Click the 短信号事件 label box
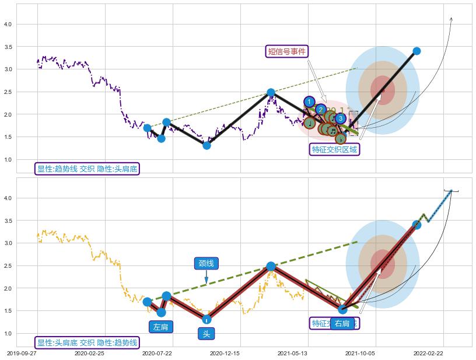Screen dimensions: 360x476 (286, 51)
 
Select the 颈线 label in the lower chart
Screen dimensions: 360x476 (206, 263)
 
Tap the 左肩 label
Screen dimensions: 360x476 (160, 327)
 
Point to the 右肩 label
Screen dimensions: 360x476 (342, 324)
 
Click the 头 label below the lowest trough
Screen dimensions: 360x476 (206, 334)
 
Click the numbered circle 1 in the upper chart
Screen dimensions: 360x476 (309, 102)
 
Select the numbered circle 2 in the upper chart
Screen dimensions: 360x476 (320, 109)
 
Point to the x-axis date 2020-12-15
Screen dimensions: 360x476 (225, 353)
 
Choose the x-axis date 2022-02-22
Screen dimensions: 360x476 (429, 353)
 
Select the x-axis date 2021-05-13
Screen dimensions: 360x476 (292, 353)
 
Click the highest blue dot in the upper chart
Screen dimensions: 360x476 (416, 51)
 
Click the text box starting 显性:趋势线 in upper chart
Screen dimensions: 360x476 (87, 169)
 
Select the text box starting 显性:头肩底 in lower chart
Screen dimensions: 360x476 (87, 342)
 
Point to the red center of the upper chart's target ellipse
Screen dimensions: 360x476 (383, 90)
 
